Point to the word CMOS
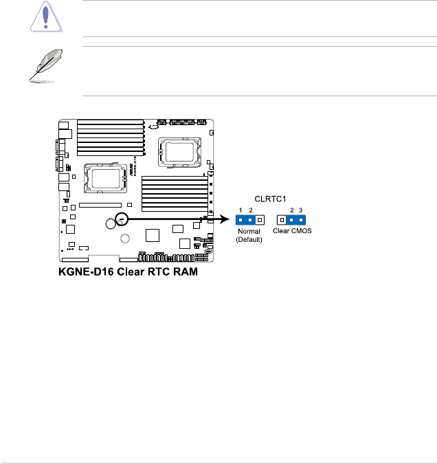[x=301, y=232]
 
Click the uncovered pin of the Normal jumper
[x=260, y=220]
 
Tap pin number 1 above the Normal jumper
[x=240, y=209]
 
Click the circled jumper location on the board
[x=121, y=219]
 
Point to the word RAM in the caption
[x=190, y=272]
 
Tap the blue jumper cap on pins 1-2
[x=245, y=220]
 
